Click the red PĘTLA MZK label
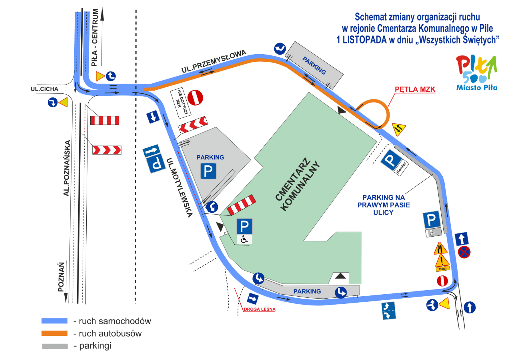click(415, 89)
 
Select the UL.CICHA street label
click(45, 89)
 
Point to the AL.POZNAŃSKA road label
click(67, 168)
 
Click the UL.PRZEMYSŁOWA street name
click(214, 61)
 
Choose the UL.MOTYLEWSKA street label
click(179, 187)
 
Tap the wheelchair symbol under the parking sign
click(244, 239)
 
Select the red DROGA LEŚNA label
click(260, 309)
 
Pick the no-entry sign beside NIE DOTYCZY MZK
click(195, 97)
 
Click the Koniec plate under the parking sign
click(401, 168)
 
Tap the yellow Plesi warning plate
click(443, 269)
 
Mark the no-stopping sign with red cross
click(464, 252)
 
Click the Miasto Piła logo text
click(477, 87)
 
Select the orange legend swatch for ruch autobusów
click(55, 333)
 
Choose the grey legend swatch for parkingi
click(55, 346)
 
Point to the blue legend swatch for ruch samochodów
click(55, 321)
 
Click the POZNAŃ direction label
click(61, 277)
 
